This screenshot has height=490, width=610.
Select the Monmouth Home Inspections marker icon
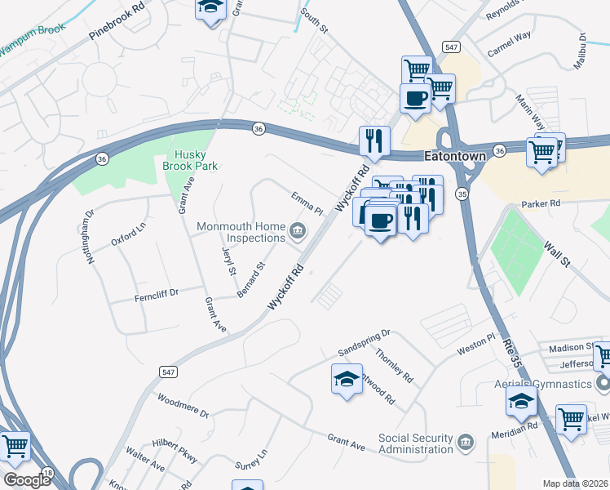(x=298, y=231)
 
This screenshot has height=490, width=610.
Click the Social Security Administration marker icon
(x=466, y=443)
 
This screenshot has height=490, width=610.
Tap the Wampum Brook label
(x=31, y=46)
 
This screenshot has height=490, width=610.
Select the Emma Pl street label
(x=307, y=203)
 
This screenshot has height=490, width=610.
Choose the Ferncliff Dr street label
(x=156, y=295)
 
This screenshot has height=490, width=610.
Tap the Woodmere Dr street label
(x=183, y=408)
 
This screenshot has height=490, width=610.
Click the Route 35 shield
(x=462, y=194)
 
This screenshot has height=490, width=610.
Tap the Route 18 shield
(x=48, y=474)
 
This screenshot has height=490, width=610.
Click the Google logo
(x=26, y=479)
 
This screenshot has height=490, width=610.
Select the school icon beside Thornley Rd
(x=347, y=379)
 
